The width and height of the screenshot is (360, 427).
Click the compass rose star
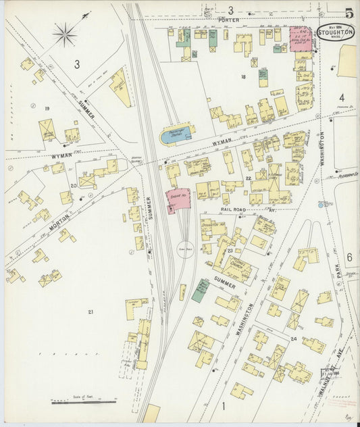(x=66, y=34)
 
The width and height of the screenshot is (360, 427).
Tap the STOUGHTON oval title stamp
(x=336, y=31)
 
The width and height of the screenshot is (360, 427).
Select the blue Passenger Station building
(x=176, y=135)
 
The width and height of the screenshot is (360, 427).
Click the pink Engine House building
(x=178, y=201)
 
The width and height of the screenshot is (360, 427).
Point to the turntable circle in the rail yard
(x=186, y=248)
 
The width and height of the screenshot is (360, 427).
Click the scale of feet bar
(x=84, y=402)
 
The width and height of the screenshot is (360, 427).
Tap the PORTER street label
(x=229, y=21)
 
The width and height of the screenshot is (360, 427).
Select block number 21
(x=91, y=311)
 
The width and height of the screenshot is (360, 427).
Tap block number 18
(x=242, y=77)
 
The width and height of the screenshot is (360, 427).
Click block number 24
(x=293, y=338)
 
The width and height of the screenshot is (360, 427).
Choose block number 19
(x=47, y=108)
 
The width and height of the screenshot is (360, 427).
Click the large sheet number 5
(x=349, y=12)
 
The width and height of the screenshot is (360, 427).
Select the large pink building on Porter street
(x=301, y=39)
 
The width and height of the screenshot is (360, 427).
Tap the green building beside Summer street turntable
(x=200, y=290)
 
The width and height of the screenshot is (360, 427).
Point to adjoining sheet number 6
(x=349, y=257)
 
